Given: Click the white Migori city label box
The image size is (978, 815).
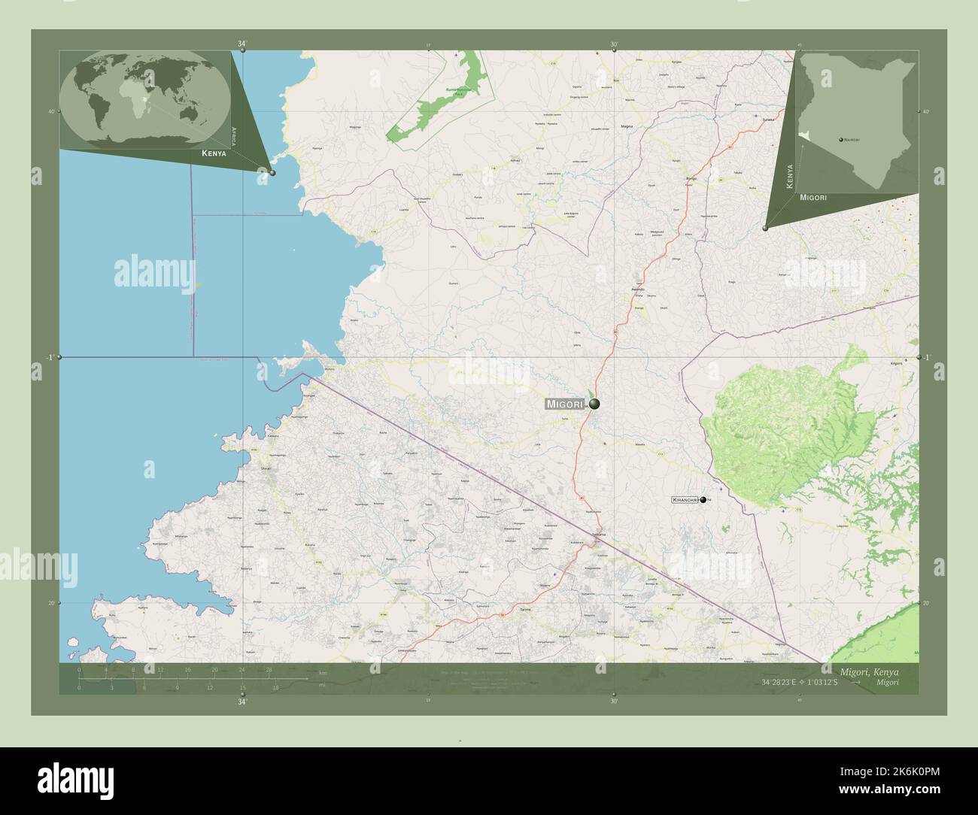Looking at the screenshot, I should click(565, 404).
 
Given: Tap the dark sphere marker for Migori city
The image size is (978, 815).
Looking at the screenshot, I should click(594, 404).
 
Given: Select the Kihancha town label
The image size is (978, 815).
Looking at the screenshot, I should click(685, 499).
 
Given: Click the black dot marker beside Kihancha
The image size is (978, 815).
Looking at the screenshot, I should click(703, 499).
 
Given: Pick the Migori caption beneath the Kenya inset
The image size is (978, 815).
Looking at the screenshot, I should click(814, 197).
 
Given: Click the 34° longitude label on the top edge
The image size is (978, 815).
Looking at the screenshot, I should click(241, 44).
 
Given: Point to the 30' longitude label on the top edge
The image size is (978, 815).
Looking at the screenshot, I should click(614, 44).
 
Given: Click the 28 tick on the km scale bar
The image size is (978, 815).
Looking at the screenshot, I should click(269, 669).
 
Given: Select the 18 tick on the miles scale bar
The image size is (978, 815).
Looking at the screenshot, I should click(275, 687).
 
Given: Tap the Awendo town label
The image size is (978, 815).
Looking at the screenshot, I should click(637, 289).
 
